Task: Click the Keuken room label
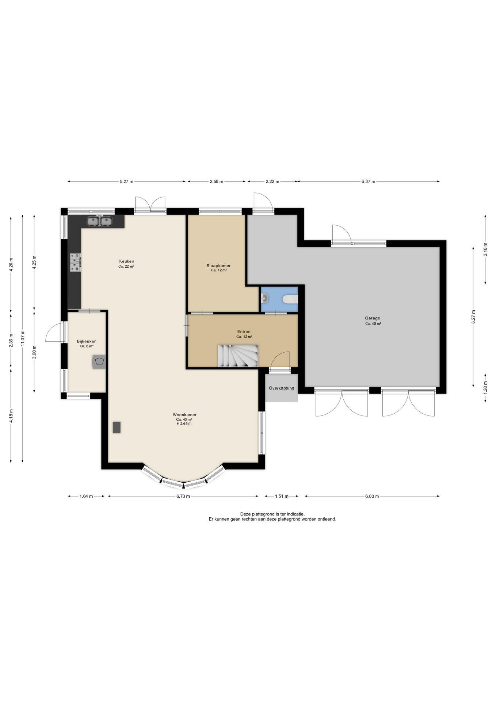(126, 261)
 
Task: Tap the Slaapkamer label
(218, 266)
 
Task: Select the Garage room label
(373, 318)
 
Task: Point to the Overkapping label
(281, 388)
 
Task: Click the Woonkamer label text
(184, 415)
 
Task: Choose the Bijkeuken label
(87, 341)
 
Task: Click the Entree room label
(244, 332)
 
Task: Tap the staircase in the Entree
(238, 356)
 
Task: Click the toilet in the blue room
(290, 299)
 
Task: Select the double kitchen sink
(99, 221)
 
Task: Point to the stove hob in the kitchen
(76, 263)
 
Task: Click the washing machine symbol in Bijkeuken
(99, 362)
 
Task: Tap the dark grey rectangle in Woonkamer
(117, 427)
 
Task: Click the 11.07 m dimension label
(23, 338)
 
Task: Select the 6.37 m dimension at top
(368, 181)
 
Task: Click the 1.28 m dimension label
(485, 388)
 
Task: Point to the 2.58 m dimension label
(216, 181)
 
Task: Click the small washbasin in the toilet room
(265, 299)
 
